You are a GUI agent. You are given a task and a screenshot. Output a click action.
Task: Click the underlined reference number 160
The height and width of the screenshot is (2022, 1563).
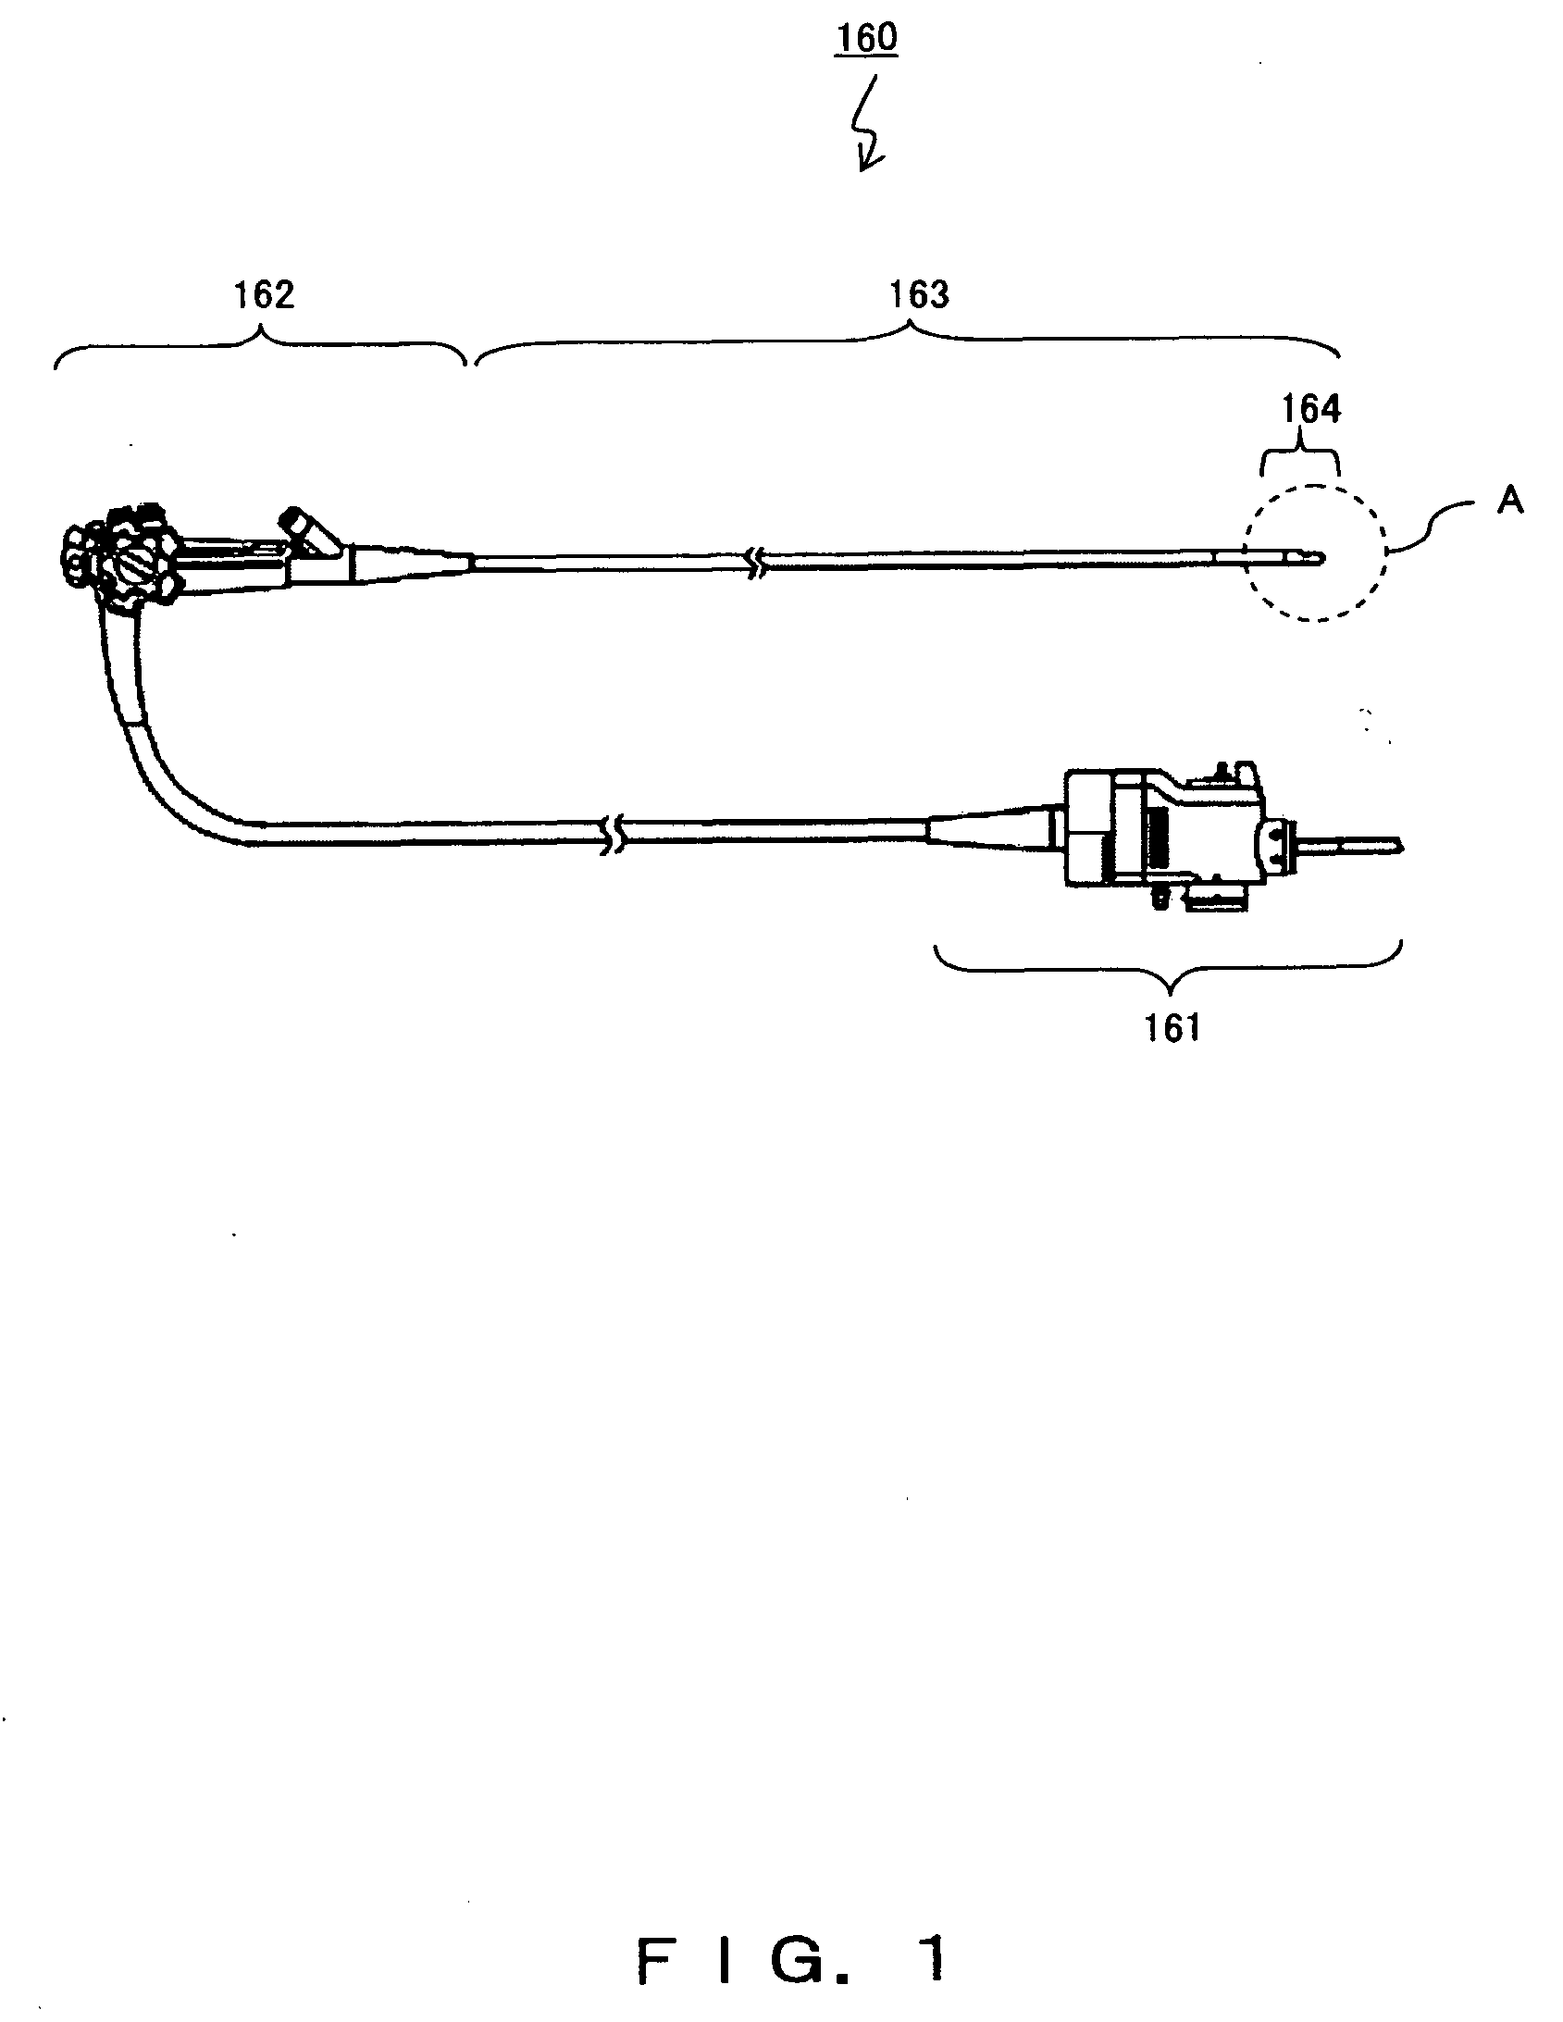coord(867,39)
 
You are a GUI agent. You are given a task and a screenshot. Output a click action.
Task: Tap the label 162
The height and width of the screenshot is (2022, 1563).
coord(264,294)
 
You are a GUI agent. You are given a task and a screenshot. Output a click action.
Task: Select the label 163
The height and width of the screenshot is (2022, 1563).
coord(919,294)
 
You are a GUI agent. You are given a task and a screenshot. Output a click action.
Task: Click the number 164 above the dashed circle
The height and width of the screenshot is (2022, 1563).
coord(1310,409)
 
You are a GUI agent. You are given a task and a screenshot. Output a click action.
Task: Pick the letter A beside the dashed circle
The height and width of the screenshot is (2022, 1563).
coord(1510,501)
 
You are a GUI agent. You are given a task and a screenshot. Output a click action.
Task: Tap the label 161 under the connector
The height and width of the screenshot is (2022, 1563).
coord(1172,1028)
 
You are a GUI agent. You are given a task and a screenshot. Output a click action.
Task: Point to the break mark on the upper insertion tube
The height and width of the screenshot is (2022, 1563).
coord(757,562)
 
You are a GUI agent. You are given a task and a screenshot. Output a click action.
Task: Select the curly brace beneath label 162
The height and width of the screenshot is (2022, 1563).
coord(260,346)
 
